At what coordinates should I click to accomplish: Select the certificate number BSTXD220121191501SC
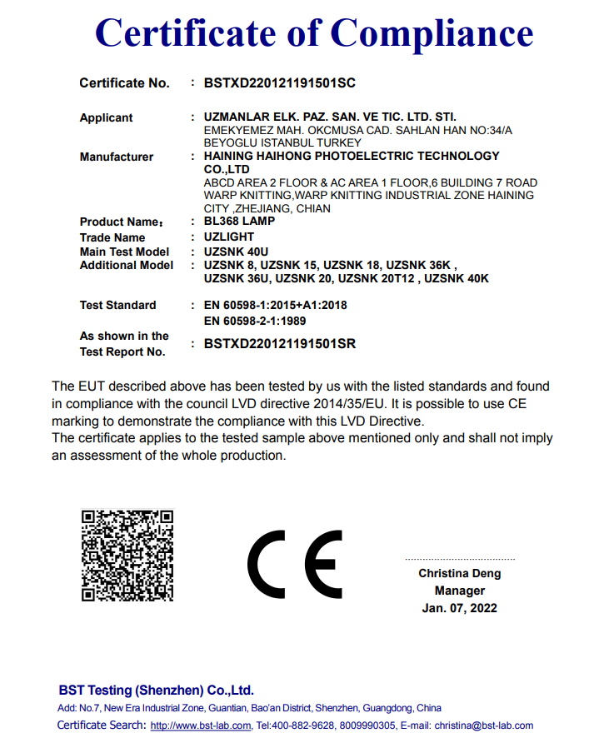[x=280, y=83]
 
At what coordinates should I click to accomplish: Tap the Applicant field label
[x=106, y=117]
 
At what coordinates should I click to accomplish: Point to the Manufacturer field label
[x=117, y=157]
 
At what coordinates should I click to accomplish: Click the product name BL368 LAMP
[x=239, y=222]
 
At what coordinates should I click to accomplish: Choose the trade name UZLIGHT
[x=229, y=237]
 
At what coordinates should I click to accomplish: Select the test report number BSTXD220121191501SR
[x=280, y=344]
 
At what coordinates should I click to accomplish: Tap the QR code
[x=127, y=555]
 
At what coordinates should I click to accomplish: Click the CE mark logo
[x=294, y=563]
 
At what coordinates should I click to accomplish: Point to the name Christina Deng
[x=459, y=574]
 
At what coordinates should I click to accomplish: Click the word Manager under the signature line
[x=459, y=591]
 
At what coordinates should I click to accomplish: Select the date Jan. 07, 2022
[x=459, y=608]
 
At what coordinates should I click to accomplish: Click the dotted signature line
[x=459, y=559]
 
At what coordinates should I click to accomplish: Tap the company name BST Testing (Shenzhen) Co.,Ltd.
[x=156, y=691]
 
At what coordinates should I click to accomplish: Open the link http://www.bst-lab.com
[x=201, y=726]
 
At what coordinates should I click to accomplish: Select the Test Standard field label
[x=117, y=305]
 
